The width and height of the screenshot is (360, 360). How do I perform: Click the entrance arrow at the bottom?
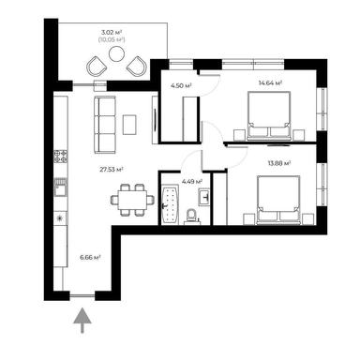point(82,321)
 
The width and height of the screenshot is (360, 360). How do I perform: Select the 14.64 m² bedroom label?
point(271,82)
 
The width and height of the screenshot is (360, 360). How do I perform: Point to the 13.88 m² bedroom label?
point(277,163)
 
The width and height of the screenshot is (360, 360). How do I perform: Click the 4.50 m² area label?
point(180,85)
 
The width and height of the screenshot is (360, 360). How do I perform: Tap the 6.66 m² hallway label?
point(91,254)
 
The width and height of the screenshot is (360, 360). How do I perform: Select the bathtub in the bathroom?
point(171,205)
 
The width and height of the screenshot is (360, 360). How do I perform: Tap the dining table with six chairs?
point(132,198)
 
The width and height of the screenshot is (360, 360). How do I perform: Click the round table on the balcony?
point(116,54)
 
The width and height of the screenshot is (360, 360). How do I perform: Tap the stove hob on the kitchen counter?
point(61,157)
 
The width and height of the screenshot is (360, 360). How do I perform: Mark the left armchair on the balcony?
point(96,66)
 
